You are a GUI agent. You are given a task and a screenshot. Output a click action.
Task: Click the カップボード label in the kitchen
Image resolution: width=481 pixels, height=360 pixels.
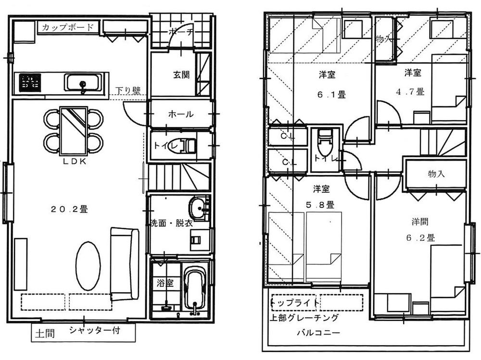(x=67, y=27)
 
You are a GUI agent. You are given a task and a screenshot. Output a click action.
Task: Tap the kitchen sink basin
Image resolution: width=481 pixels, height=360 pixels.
(x=83, y=83)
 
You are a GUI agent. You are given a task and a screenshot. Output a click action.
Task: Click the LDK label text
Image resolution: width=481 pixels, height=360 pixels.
(x=74, y=161)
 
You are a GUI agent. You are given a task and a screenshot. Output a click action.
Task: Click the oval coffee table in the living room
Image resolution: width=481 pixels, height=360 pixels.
(x=88, y=265)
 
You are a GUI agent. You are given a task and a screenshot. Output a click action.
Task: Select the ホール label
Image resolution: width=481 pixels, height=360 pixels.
(x=181, y=114)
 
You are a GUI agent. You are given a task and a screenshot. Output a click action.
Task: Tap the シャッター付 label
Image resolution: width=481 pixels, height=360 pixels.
(x=94, y=331)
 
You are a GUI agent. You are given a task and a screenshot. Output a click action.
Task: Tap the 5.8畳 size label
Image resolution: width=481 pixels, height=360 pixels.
(x=323, y=205)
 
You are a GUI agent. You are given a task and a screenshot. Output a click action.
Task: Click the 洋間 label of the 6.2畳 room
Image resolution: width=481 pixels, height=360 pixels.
(x=419, y=222)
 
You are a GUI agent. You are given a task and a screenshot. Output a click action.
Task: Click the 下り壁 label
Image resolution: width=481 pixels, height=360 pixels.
(x=128, y=91)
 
